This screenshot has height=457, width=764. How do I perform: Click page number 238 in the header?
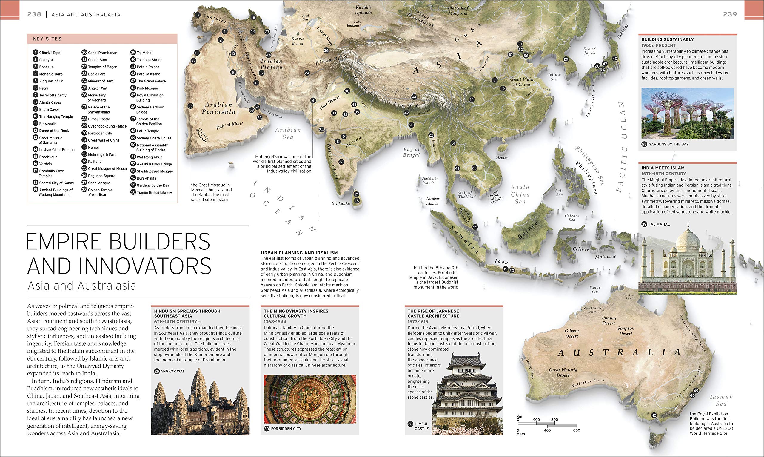click(34, 14)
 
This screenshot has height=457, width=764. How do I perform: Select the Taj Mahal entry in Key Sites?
click(144, 53)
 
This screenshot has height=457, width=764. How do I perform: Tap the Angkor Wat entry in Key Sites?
click(98, 88)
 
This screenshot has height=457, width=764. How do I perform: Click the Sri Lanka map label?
click(341, 203)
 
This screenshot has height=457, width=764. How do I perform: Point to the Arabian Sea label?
click(288, 133)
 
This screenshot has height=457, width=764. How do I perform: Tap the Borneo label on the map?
click(528, 230)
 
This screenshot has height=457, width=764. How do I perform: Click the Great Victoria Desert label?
click(563, 372)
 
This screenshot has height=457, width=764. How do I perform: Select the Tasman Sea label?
click(721, 400)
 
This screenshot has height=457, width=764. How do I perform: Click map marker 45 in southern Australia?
click(654, 415)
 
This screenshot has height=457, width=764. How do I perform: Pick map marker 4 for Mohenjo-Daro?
click(313, 100)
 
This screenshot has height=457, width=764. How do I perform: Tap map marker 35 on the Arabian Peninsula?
click(190, 106)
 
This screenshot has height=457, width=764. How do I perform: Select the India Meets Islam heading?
click(663, 168)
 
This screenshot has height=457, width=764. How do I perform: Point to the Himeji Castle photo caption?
click(421, 426)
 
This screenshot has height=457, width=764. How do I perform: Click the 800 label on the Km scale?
click(554, 419)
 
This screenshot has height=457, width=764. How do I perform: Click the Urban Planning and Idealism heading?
click(299, 253)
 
